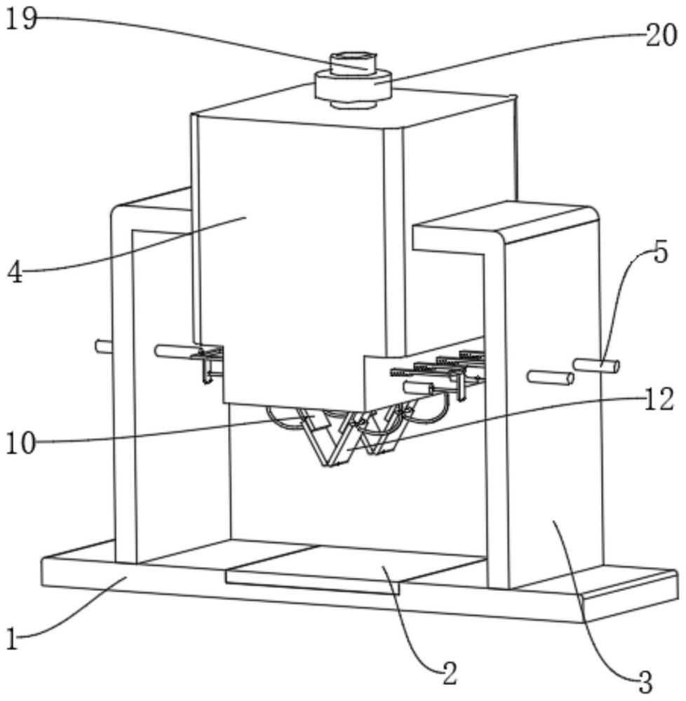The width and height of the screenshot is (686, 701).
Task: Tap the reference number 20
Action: coord(661,35)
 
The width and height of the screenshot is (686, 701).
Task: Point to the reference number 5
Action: coord(660,252)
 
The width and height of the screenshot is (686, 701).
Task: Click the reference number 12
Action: coord(658,400)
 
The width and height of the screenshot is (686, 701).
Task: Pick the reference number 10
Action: coord(20,444)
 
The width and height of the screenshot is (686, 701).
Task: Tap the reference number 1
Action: coord(12,639)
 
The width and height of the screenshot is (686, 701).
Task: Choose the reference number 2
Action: coord(449,673)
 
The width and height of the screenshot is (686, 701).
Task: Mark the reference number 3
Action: coord(644,682)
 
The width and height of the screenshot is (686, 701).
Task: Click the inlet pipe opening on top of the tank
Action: coord(354,58)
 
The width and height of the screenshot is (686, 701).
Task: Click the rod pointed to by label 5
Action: coord(596,365)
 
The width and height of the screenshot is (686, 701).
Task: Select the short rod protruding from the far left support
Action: coord(103,346)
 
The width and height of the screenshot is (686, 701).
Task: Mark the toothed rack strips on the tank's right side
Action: coord(438,363)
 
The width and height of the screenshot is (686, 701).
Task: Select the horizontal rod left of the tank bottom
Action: coord(177,351)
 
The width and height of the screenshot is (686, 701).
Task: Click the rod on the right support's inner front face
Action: coord(550,378)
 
